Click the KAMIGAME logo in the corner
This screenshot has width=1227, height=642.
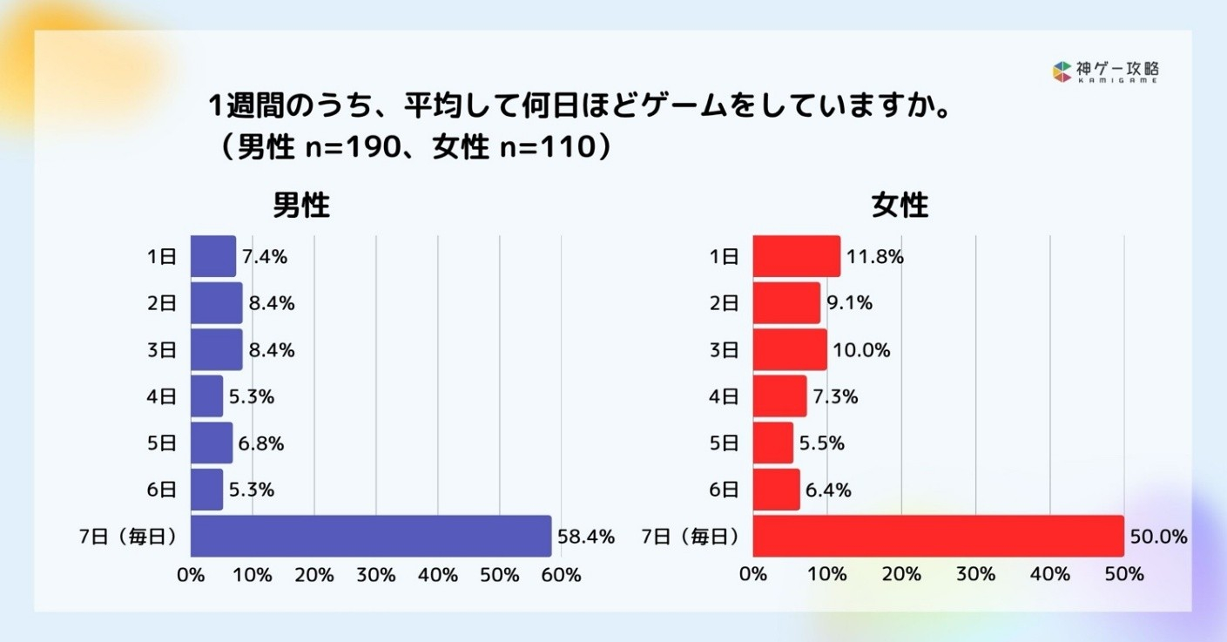point(1105,71)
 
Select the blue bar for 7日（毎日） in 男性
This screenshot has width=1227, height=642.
point(370,536)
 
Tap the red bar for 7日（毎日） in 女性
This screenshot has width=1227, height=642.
point(938,536)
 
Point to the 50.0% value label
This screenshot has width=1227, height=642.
point(1157,537)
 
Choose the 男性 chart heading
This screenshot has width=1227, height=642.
point(301,206)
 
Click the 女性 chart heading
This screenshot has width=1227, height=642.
point(900,206)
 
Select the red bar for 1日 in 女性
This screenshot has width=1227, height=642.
point(796,256)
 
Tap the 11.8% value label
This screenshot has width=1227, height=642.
point(874,257)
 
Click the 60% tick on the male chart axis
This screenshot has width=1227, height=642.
point(561,575)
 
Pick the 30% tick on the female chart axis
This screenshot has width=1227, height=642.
point(975,575)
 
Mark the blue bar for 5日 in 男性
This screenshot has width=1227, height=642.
point(211,443)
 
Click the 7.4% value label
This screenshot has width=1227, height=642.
point(266,257)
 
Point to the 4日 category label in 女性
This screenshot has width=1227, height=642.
point(725,396)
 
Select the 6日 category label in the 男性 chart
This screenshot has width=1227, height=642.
point(162,490)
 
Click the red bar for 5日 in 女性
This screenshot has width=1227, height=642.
point(772,443)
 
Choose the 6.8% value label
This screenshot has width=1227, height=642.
point(262,443)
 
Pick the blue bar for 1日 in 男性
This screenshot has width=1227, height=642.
point(212,256)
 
